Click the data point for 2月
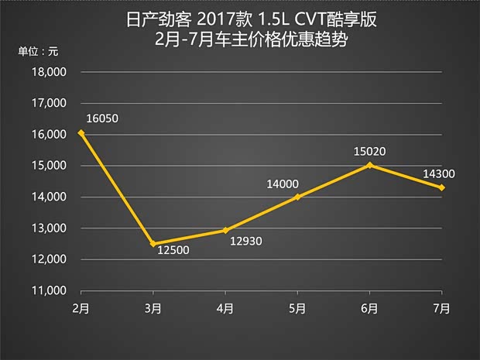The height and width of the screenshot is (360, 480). tap(81, 133)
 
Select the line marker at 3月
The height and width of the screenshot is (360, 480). tap(153, 244)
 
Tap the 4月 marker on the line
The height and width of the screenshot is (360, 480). tap(225, 230)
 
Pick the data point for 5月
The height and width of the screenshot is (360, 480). tap(297, 197)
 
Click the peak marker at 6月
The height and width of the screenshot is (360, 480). tap(369, 165)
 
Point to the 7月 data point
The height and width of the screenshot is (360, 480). tap(441, 187)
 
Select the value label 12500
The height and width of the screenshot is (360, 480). tap(173, 250)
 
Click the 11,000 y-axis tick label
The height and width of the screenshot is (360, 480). tap(50, 291)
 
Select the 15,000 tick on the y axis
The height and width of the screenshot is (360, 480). tap(50, 166)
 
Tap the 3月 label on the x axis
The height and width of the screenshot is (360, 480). tap(153, 308)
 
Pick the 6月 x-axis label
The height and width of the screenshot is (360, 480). tap(369, 308)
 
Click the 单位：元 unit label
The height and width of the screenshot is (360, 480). tap(38, 52)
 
